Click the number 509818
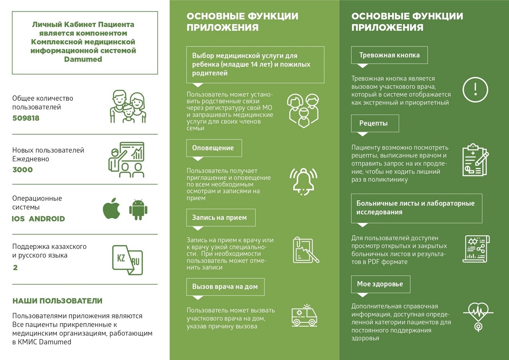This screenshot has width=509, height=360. [x=26, y=118]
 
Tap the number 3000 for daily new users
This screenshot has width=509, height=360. [x=22, y=170]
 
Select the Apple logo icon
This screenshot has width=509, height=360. [x=112, y=208]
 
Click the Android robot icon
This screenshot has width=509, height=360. [x=138, y=209]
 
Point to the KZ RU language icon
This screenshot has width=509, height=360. [x=127, y=260]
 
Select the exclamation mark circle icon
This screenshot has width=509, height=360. [x=475, y=90]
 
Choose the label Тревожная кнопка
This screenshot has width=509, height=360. [x=389, y=55]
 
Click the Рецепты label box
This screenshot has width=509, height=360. [x=375, y=123]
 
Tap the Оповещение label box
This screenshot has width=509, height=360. [x=214, y=148]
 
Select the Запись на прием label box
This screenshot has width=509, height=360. [x=220, y=218]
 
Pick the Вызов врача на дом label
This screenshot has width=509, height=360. [x=225, y=287]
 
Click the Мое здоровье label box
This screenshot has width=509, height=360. [x=380, y=284]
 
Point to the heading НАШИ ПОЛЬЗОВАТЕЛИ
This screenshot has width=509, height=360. [x=57, y=301]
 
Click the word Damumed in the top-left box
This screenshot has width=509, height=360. [x=83, y=59]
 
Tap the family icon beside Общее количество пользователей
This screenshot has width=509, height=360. [x=128, y=107]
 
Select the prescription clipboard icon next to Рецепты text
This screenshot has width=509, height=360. [x=475, y=160]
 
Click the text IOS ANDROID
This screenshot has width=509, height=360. [x=38, y=219]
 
